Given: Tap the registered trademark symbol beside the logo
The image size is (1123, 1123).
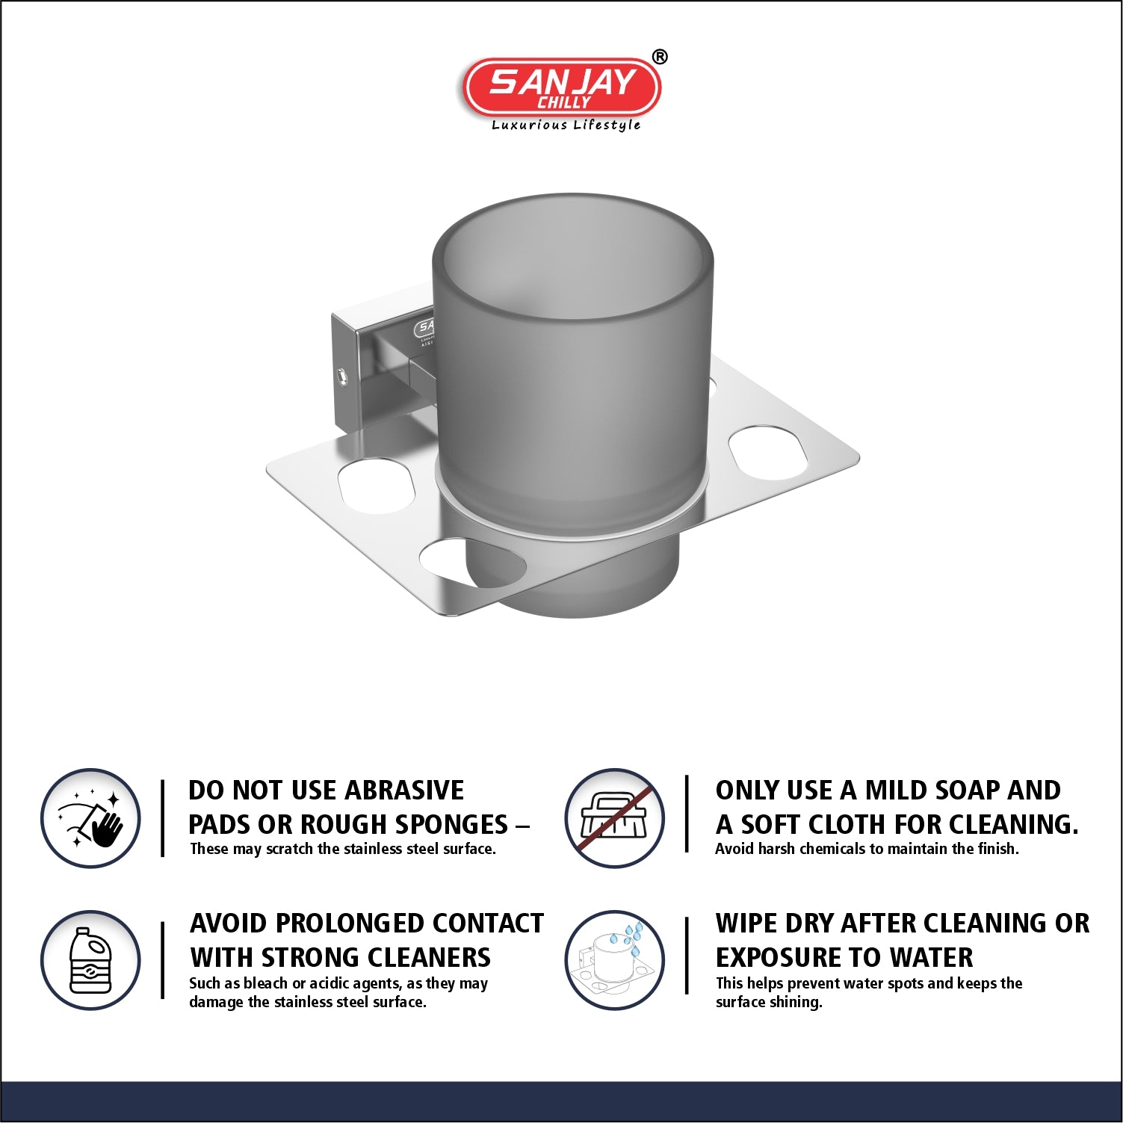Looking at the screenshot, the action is click(x=660, y=57).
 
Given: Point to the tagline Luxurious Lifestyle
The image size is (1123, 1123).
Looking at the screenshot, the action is click(x=566, y=125).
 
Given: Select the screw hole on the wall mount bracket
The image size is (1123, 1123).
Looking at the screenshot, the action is click(x=342, y=375).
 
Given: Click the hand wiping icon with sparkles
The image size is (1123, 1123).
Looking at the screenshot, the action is click(x=90, y=818).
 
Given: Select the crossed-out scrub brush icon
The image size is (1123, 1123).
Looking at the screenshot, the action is click(x=614, y=818).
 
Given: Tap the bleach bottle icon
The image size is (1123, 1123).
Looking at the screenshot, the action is click(x=90, y=960).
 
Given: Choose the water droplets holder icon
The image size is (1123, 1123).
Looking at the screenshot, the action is click(x=614, y=960).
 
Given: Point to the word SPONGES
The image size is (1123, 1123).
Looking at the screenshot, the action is click(x=451, y=824).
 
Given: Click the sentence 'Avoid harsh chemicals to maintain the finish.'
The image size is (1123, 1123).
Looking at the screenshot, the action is click(x=867, y=849).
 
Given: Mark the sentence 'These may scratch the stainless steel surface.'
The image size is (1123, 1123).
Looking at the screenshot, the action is click(x=343, y=849).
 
